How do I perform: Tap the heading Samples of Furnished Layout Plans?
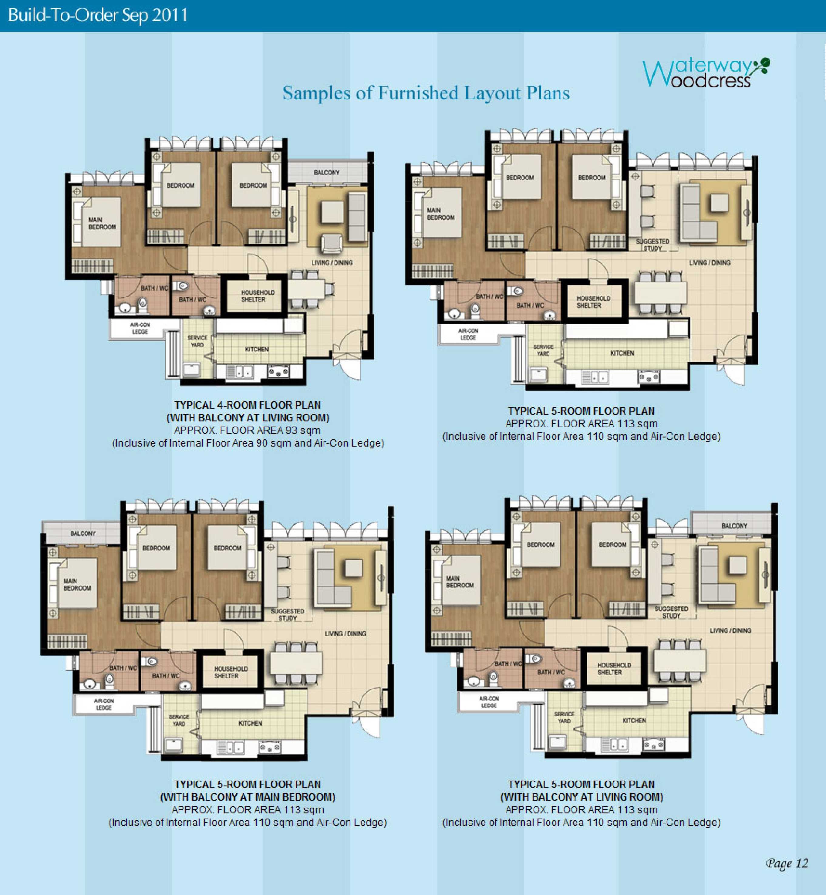(426, 93)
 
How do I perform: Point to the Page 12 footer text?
(787, 863)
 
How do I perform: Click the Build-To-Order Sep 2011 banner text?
(98, 15)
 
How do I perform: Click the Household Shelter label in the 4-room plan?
(258, 296)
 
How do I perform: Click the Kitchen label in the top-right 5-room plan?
(622, 353)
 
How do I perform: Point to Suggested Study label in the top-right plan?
(652, 245)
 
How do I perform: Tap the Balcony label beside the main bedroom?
(83, 533)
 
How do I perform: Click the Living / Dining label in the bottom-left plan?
(345, 633)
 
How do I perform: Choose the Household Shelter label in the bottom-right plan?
(614, 669)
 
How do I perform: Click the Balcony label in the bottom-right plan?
(734, 526)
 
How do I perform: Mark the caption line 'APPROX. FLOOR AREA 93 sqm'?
(247, 431)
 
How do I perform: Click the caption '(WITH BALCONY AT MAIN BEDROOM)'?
(248, 797)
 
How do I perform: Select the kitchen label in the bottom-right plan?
(634, 721)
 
